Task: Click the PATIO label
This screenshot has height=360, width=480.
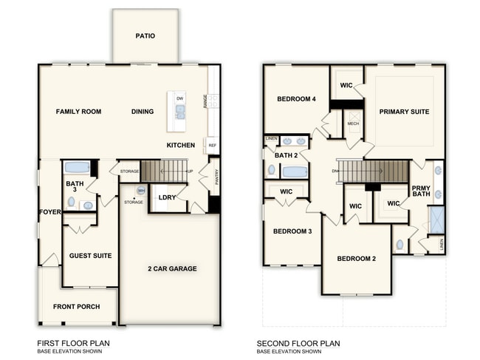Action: (145, 35)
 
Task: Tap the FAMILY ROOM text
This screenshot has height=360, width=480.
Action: (78, 112)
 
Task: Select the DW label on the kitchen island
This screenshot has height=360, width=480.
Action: (180, 98)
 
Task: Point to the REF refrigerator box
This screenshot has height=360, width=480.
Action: (212, 146)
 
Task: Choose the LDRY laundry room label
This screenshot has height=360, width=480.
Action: (166, 197)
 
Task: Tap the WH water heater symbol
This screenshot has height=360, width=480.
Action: (140, 191)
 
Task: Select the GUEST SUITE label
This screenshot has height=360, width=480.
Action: (90, 256)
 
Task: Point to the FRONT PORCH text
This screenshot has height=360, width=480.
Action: (76, 306)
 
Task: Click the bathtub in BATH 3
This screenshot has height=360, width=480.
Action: (77, 167)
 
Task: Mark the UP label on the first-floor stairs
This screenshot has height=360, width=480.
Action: (191, 171)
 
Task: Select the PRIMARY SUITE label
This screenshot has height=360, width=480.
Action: (404, 112)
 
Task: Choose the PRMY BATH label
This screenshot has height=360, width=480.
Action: (421, 191)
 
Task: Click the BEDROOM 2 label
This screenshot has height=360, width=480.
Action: (357, 259)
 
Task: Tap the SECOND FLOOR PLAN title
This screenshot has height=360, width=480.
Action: (298, 344)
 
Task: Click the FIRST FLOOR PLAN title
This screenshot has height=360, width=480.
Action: (75, 344)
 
